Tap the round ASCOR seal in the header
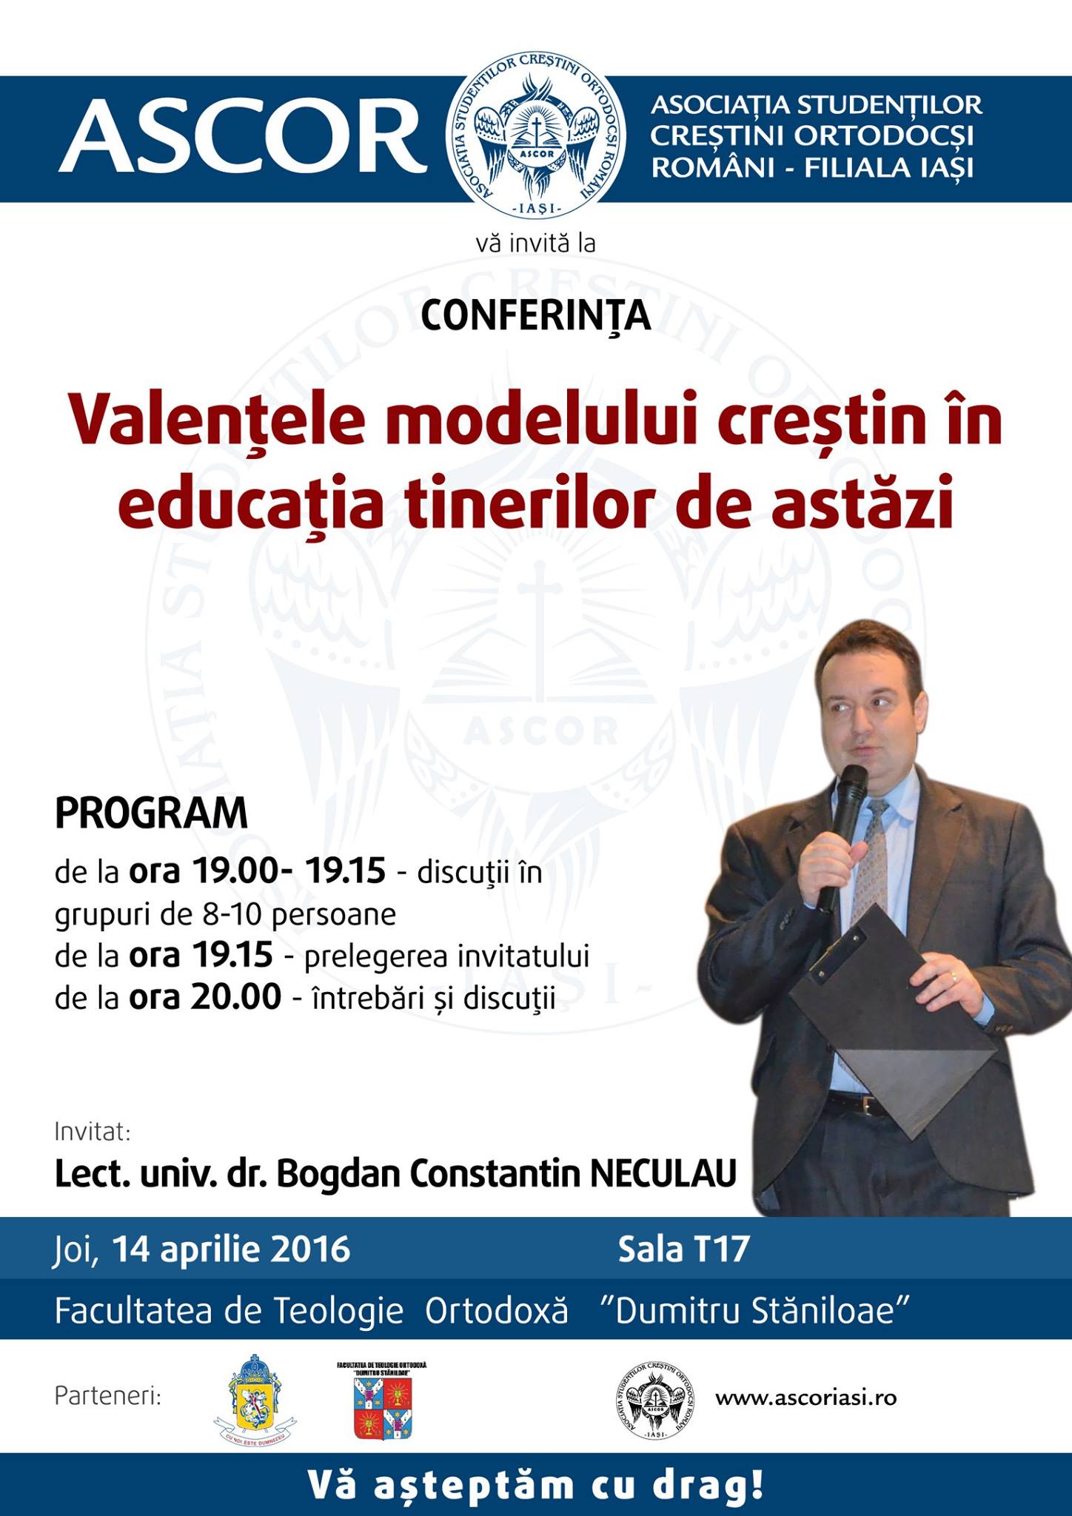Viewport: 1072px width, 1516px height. click(536, 139)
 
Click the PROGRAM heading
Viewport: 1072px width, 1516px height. click(151, 814)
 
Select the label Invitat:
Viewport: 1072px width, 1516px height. click(93, 1132)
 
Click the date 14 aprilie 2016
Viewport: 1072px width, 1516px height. click(231, 1250)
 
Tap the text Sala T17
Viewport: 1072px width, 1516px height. click(684, 1250)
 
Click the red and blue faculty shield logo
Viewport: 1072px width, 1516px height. click(382, 1401)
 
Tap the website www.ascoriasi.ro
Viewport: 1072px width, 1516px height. click(806, 1398)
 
